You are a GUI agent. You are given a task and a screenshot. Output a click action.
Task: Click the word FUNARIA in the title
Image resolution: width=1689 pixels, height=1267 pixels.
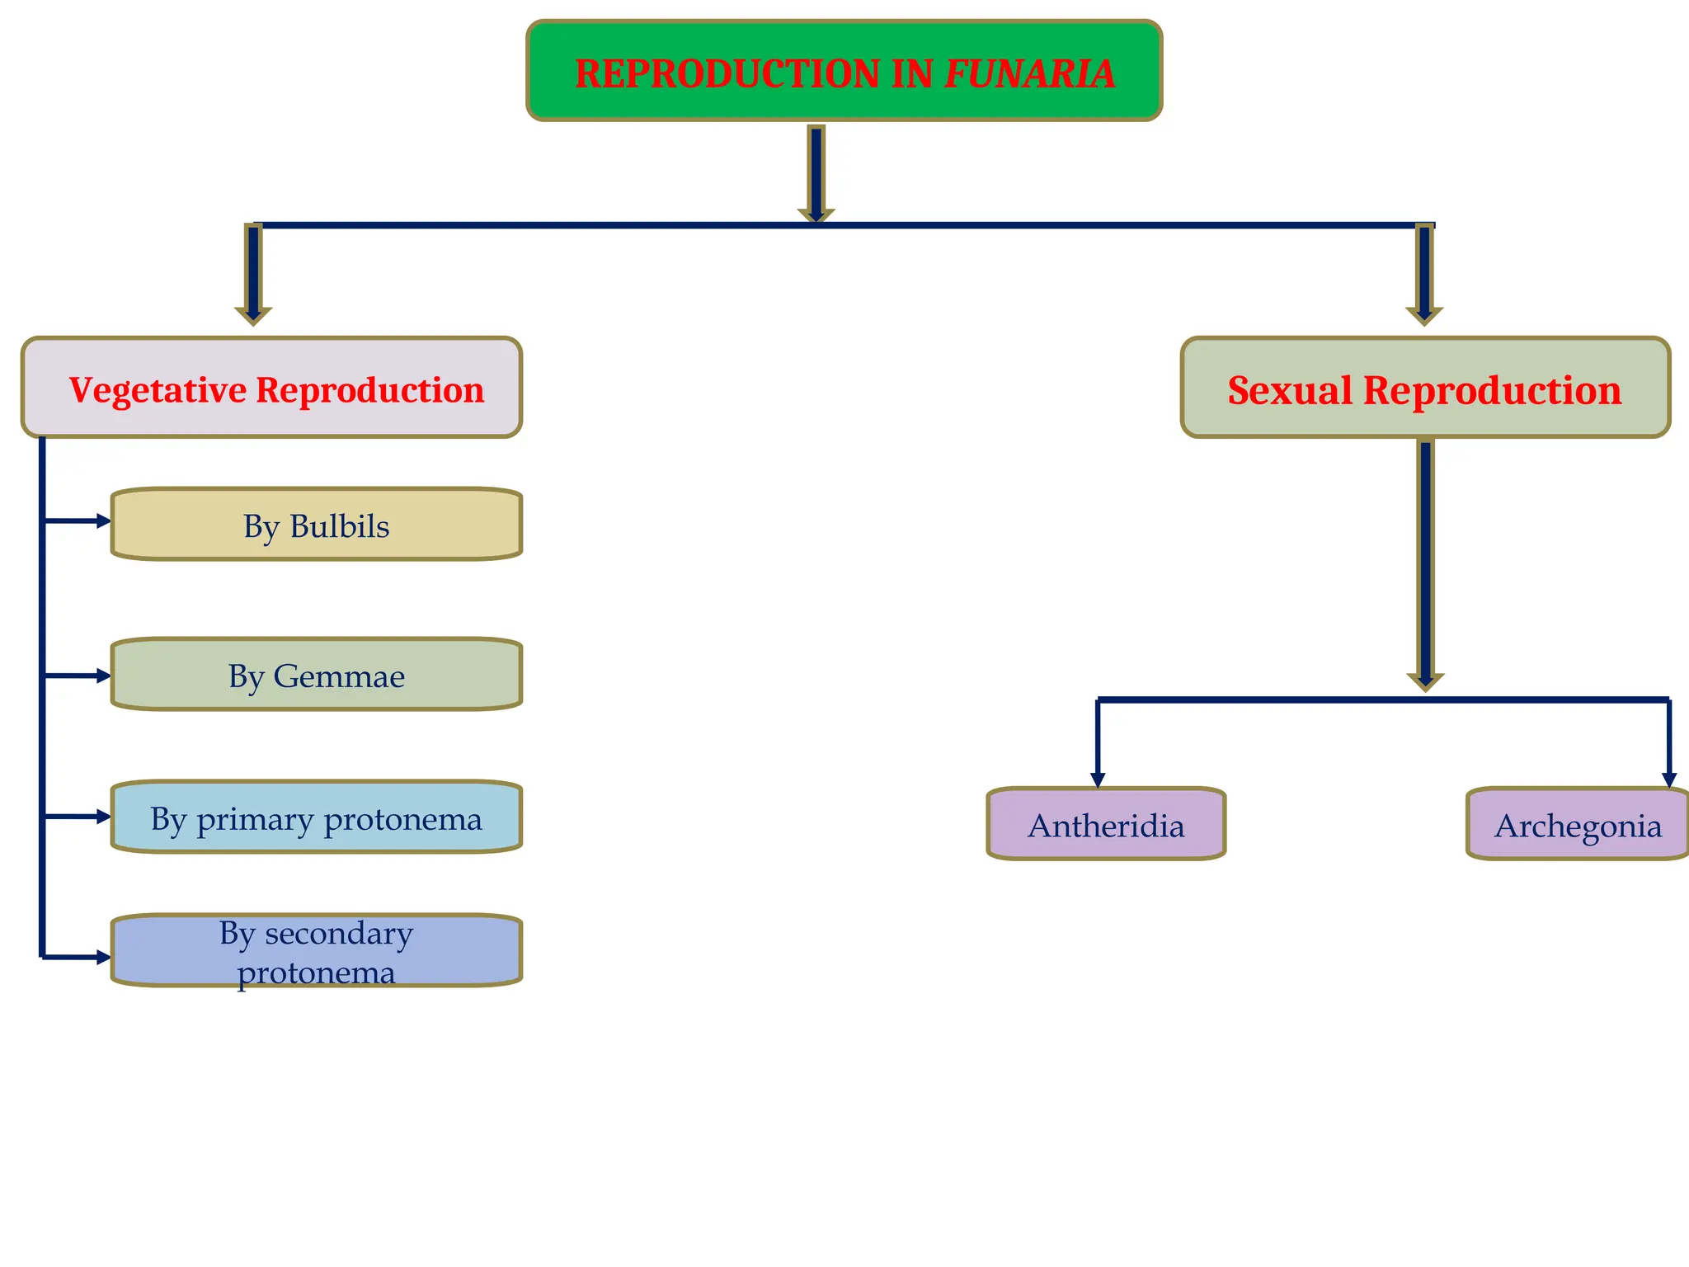(1029, 73)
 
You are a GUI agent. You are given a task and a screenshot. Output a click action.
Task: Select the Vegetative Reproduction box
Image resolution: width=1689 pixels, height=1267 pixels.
(272, 388)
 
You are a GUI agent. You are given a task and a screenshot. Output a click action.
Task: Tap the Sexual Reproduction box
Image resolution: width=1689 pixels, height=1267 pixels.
(1425, 388)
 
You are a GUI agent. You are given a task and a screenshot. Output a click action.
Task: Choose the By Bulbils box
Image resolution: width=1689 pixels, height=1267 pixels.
(317, 525)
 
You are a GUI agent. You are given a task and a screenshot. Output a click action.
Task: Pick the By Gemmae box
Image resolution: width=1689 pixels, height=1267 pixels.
(317, 675)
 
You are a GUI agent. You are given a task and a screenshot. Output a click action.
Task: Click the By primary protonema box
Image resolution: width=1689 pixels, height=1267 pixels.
(317, 817)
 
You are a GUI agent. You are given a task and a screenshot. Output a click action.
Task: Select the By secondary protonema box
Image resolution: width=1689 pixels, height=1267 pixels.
(317, 951)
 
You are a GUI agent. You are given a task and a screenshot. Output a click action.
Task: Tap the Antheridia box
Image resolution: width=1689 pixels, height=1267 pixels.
(1106, 824)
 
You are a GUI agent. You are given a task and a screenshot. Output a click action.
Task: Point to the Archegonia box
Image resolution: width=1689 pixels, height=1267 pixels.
(1578, 824)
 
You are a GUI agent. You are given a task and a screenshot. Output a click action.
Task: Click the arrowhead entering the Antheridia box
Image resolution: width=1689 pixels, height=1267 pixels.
(1098, 779)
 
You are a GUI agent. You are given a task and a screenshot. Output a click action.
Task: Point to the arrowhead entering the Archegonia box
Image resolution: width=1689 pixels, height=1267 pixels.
(1669, 779)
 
